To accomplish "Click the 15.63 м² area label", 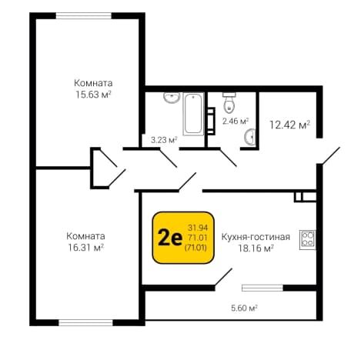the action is [x=93, y=95].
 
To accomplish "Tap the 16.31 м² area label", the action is [x=85, y=248].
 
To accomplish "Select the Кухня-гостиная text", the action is [x=256, y=237].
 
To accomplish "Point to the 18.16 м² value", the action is [x=256, y=248].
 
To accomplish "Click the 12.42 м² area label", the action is [x=289, y=125].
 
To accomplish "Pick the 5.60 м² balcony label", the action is [x=244, y=308].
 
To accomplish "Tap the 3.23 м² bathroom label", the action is [x=164, y=140].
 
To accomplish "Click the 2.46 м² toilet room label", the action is [x=236, y=121].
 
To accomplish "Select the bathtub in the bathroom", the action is [x=193, y=114].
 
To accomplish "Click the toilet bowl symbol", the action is [x=229, y=103].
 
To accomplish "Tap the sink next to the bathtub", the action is [x=172, y=98].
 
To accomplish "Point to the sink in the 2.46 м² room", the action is [x=249, y=137].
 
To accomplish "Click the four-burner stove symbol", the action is [x=307, y=239].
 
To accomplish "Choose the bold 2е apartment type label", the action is [x=170, y=238].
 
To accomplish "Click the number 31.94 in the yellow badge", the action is [x=198, y=228].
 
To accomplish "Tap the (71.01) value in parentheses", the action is [x=196, y=248].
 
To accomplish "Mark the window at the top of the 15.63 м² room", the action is [x=84, y=16].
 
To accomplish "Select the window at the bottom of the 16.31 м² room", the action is [x=85, y=322].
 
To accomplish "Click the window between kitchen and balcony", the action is [x=262, y=288].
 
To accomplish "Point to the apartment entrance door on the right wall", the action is [x=329, y=155].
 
